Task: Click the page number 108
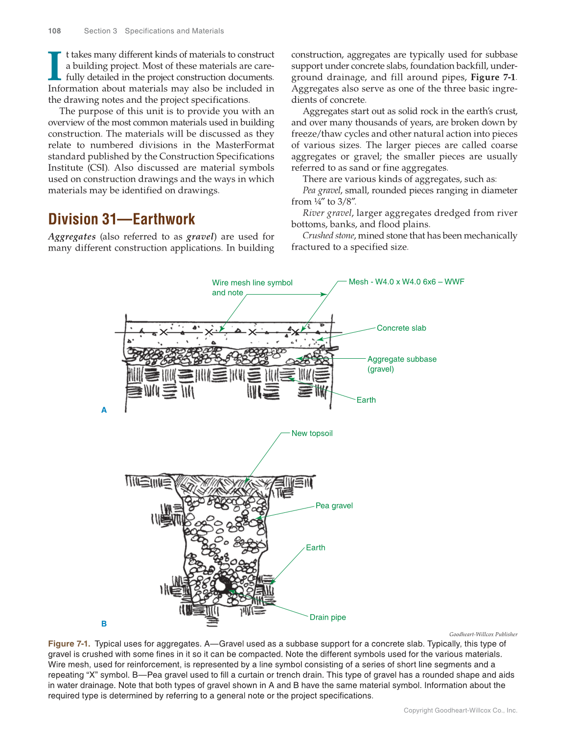click(x=54, y=31)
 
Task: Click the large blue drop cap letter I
click(x=55, y=66)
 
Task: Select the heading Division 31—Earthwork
click(x=121, y=219)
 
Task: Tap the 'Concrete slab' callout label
click(x=401, y=328)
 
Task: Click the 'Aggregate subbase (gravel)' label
click(x=401, y=364)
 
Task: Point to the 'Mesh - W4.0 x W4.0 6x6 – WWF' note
click(x=406, y=282)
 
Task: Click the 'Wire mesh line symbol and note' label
click(x=252, y=287)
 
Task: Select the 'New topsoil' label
click(x=312, y=433)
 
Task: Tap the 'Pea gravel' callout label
click(x=334, y=506)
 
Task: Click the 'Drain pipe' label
click(x=327, y=617)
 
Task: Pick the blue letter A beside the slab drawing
click(x=104, y=410)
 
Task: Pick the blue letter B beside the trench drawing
click(x=104, y=623)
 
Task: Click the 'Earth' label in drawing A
click(x=366, y=400)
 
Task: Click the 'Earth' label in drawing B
click(x=315, y=548)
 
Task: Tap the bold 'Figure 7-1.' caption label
click(x=69, y=644)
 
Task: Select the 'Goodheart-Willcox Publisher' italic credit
click(x=483, y=634)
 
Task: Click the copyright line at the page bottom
click(x=460, y=710)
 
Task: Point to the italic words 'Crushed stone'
click(x=328, y=235)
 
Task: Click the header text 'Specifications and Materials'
click(x=174, y=31)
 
